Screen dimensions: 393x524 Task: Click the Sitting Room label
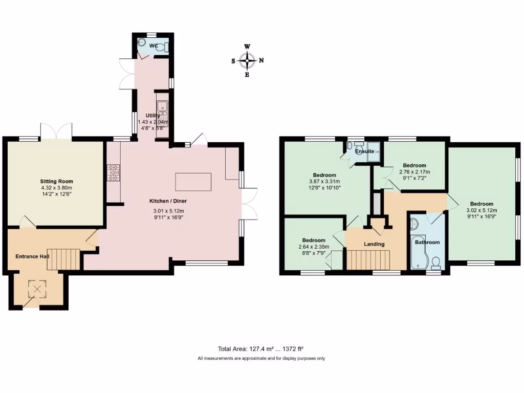click(57, 181)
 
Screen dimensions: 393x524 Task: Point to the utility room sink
click(163, 107)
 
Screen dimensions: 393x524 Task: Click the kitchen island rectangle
click(193, 181)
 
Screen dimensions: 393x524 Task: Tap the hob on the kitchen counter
click(113, 172)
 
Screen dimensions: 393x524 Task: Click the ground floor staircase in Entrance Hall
click(66, 258)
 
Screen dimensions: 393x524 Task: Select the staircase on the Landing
click(368, 259)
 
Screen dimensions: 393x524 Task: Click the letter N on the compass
click(261, 60)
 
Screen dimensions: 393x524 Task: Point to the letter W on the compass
click(247, 47)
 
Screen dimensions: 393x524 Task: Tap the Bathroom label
click(427, 242)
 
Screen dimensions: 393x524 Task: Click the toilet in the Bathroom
click(436, 264)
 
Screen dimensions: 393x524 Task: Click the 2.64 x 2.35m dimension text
click(314, 247)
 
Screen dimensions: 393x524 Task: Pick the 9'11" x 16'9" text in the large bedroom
click(482, 216)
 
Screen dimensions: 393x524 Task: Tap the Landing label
click(374, 244)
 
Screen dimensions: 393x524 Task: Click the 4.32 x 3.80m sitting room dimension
click(57, 187)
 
